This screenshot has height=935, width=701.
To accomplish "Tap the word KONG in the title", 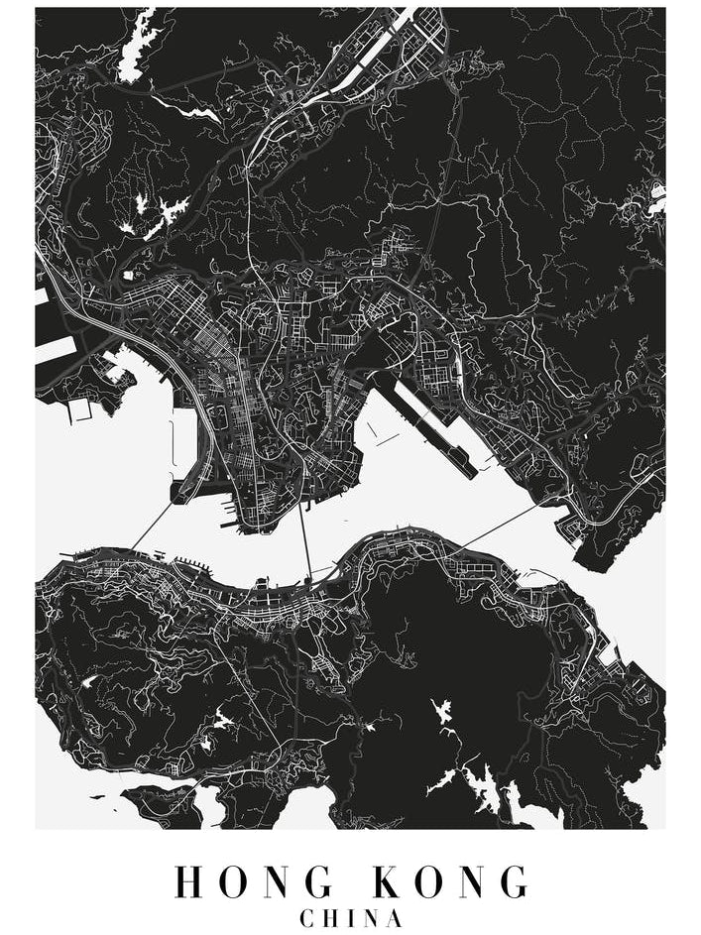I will [452, 881].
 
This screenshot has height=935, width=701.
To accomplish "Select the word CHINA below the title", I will [351, 918].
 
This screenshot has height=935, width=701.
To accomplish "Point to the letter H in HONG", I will [190, 881].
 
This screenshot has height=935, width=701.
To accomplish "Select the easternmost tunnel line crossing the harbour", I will [496, 525].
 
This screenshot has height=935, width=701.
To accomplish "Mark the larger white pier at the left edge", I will [55, 348].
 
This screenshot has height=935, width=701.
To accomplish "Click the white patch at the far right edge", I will [655, 198].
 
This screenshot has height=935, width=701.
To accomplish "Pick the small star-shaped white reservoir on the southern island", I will [441, 710].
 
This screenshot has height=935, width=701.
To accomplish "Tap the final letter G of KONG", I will [512, 881].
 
